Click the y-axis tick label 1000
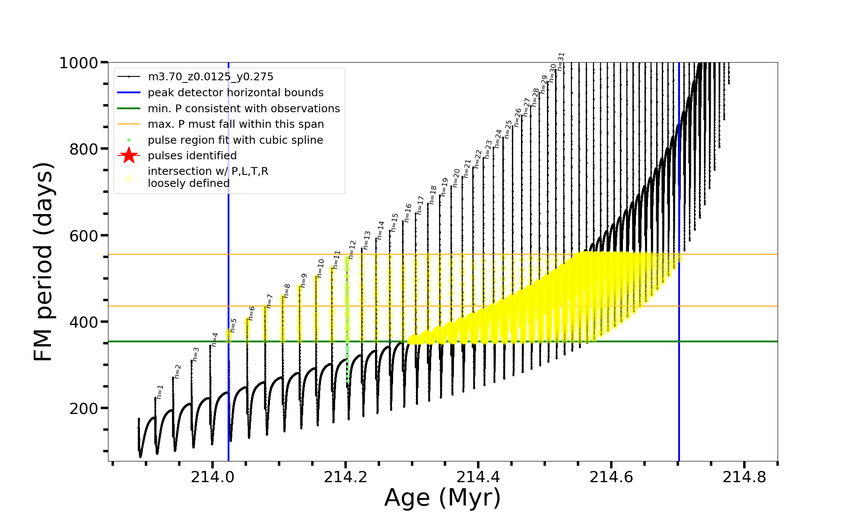[78, 63]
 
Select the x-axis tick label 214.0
[212, 477]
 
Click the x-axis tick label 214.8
[744, 477]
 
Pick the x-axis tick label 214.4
[478, 477]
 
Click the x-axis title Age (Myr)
[442, 498]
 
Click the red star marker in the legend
[129, 155]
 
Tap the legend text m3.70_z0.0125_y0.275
[210, 77]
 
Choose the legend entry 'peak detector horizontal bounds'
[235, 93]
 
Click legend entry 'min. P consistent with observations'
[244, 108]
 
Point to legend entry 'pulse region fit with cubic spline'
[235, 140]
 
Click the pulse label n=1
[160, 392]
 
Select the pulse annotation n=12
[352, 250]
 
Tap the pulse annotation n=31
[561, 61]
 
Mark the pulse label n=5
[233, 325]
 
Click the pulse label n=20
[456, 178]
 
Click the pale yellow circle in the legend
[129, 178]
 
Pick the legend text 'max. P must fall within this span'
[235, 124]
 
